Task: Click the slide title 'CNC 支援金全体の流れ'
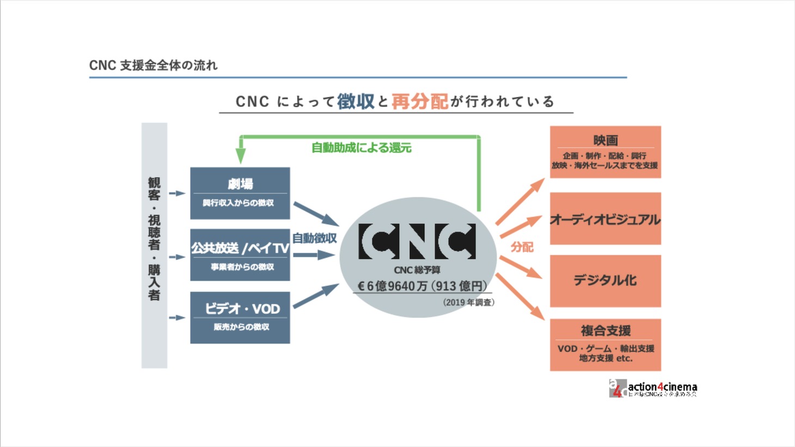click(x=153, y=65)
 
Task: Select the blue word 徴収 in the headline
click(x=356, y=101)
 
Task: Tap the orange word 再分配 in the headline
click(x=419, y=101)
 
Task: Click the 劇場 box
click(x=240, y=193)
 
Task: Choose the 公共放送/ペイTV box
click(x=240, y=255)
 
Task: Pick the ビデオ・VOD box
click(x=240, y=317)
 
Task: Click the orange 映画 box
click(x=605, y=152)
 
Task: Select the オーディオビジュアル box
click(x=605, y=219)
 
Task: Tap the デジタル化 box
click(x=605, y=280)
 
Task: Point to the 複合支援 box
click(x=605, y=345)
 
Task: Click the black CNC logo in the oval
click(x=417, y=241)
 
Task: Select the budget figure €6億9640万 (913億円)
click(x=422, y=286)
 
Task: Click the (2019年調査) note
click(x=468, y=302)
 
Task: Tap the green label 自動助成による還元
click(x=361, y=148)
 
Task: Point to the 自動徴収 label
click(x=314, y=238)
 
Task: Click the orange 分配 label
click(x=522, y=247)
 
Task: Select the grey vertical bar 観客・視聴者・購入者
click(x=154, y=245)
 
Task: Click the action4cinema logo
click(x=653, y=388)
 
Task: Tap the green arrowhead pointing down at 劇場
click(x=240, y=157)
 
